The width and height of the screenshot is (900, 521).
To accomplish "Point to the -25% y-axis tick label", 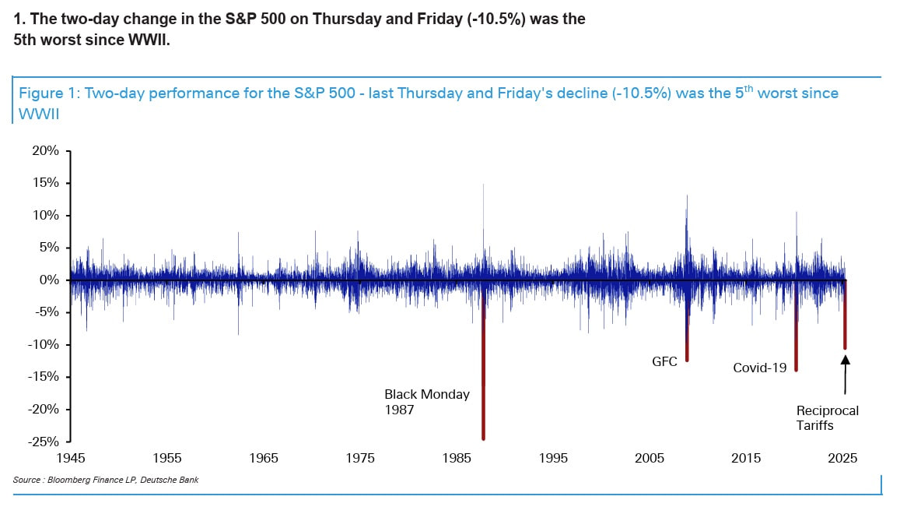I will [44, 442].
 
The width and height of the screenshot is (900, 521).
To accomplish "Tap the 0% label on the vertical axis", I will [49, 280].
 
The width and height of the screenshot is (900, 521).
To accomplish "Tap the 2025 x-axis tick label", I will [843, 458].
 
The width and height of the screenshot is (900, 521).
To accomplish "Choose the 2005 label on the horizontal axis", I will [650, 458].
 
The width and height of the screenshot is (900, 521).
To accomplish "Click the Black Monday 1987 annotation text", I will [427, 402].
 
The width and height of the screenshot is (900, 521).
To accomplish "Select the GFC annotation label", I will [664, 361].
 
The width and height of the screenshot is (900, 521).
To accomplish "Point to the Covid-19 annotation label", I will [760, 368].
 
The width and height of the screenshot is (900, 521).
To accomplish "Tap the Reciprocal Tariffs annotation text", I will [828, 418].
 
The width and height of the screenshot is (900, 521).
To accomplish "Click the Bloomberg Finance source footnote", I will [106, 480].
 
